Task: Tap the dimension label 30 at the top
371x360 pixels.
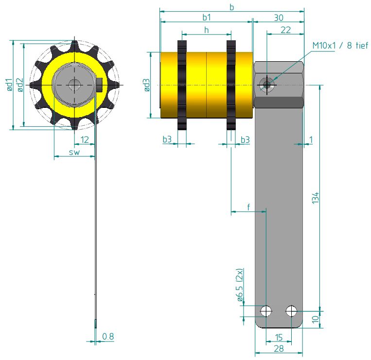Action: coord(279,17)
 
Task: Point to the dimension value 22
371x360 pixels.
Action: coord(285,30)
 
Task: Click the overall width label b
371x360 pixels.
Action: coord(231,7)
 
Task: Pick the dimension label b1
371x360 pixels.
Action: coord(207,17)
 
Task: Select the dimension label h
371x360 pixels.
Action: coord(206,30)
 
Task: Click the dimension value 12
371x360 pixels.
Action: coord(85,140)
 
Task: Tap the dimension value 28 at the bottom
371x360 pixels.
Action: coord(279,349)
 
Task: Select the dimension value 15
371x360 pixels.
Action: coord(279,337)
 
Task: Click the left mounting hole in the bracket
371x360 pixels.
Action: coord(266,310)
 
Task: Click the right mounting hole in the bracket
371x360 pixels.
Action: coord(291,310)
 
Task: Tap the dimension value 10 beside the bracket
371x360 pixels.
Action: coord(315,319)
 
